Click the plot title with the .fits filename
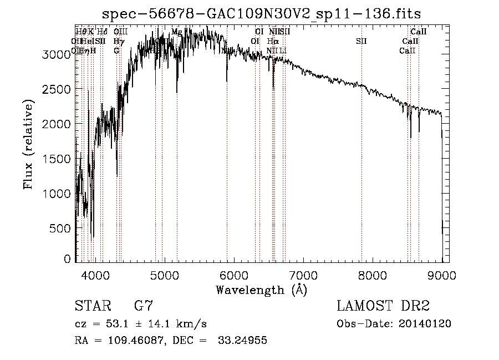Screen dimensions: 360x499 tap(265, 14)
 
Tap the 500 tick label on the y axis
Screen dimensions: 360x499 tap(62, 228)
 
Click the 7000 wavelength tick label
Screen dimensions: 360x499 tap(302, 275)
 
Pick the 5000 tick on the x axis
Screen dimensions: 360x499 tap(164, 275)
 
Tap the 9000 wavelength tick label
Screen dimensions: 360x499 tap(441, 275)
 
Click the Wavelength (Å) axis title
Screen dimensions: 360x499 tap(261, 289)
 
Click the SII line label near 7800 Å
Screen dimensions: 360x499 tap(361, 41)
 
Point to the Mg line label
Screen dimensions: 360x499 tap(176, 32)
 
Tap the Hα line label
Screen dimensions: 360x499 tap(272, 41)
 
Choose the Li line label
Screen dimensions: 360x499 tap(283, 50)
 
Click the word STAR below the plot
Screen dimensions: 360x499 tap(93, 306)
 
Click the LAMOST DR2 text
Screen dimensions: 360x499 tap(383, 306)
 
